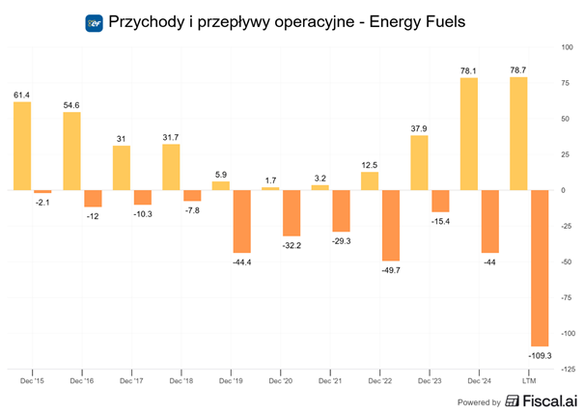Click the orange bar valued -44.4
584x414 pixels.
point(243,222)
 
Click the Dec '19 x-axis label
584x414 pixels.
point(231,380)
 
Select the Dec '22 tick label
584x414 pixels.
point(380,380)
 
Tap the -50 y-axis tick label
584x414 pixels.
point(568,262)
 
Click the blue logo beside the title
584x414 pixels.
point(95,21)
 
